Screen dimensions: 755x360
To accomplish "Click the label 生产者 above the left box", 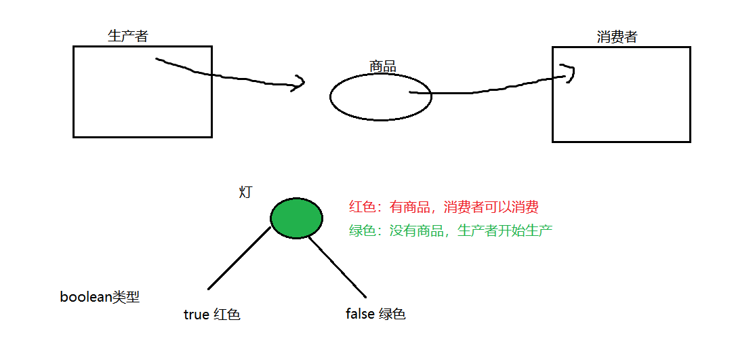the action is click(x=127, y=36).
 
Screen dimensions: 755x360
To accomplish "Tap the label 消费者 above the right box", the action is click(x=617, y=37).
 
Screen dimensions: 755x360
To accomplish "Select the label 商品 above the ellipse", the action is click(x=382, y=66).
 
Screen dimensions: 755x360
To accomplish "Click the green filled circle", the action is click(x=296, y=218).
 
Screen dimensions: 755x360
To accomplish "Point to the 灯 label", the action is click(x=245, y=192).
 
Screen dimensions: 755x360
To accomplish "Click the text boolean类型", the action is click(x=100, y=297).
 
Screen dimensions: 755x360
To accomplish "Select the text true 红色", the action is click(x=211, y=315).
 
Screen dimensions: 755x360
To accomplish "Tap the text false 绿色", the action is click(x=375, y=314).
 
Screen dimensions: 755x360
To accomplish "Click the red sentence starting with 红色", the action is click(x=443, y=207).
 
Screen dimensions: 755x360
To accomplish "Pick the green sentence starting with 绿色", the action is click(x=450, y=231).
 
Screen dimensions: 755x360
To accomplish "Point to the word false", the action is click(x=359, y=314).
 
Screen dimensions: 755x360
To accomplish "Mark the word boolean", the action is click(x=85, y=297).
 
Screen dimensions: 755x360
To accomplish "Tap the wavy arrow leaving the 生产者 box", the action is click(x=224, y=76).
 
